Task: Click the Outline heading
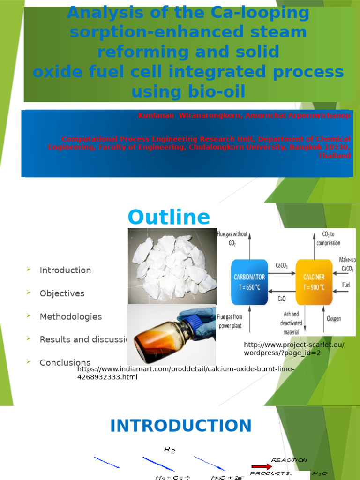pyautogui.click(x=169, y=217)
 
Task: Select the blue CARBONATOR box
pyautogui.click(x=249, y=282)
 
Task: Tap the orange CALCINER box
pyautogui.click(x=313, y=282)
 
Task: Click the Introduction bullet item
pyautogui.click(x=65, y=270)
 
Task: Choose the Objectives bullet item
pyautogui.click(x=62, y=293)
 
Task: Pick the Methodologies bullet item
pyautogui.click(x=70, y=316)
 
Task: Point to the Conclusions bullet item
pyautogui.click(x=65, y=362)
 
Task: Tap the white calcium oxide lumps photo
pyautogui.click(x=172, y=265)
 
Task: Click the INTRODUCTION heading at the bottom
pyautogui.click(x=180, y=426)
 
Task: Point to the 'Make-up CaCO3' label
pyautogui.click(x=347, y=264)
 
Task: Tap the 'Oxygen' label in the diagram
pyautogui.click(x=334, y=319)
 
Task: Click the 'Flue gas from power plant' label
pyautogui.click(x=231, y=321)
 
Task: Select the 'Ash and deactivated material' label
pyautogui.click(x=291, y=323)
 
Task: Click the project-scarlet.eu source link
pyautogui.click(x=294, y=349)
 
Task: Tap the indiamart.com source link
pyautogui.click(x=186, y=373)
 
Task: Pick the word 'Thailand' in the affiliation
pyautogui.click(x=334, y=156)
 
